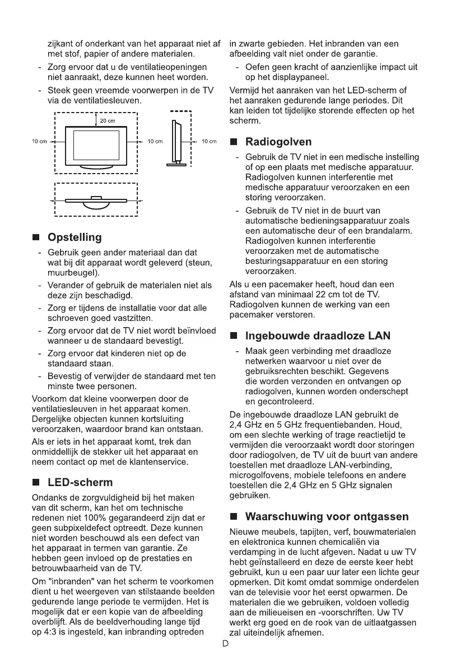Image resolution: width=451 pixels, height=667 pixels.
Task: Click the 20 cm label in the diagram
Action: (108, 122)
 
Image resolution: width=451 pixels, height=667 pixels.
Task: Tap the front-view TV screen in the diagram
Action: (96, 143)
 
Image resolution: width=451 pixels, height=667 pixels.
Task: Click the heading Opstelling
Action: (75, 237)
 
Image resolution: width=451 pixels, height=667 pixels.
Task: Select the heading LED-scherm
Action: (80, 482)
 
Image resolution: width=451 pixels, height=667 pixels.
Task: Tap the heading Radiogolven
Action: (278, 142)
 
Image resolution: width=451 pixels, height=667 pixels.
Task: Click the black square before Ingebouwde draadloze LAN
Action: (235, 337)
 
